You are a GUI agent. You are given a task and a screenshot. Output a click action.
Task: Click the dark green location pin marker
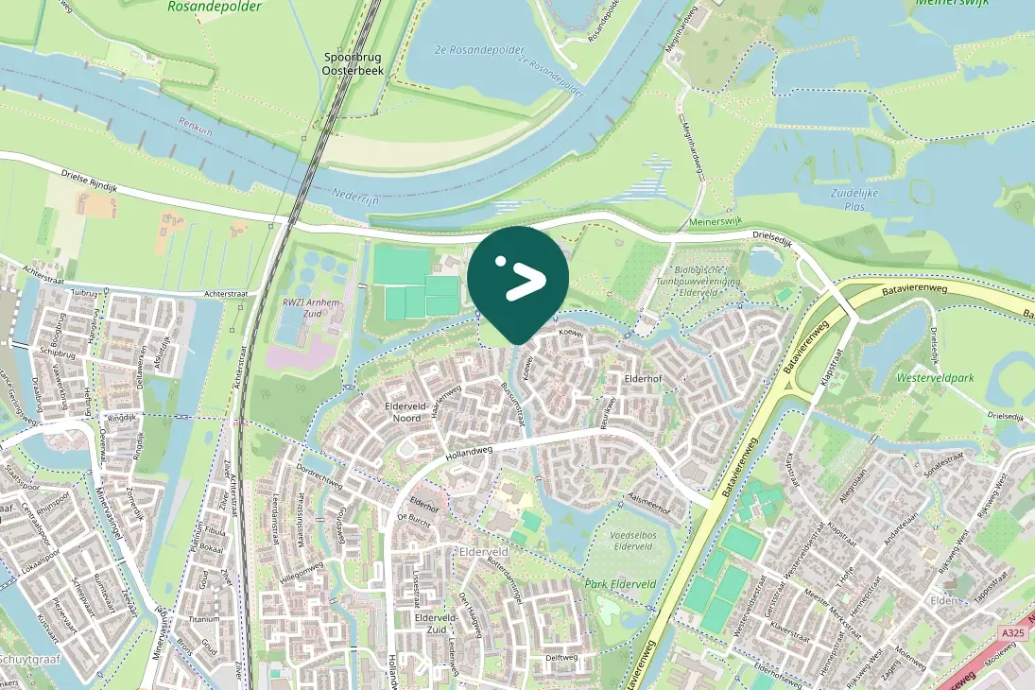pyautogui.click(x=518, y=280)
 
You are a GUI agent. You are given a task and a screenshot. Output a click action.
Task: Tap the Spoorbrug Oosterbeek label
pyautogui.click(x=352, y=63)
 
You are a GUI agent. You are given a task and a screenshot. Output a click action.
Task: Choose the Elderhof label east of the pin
pyautogui.click(x=647, y=379)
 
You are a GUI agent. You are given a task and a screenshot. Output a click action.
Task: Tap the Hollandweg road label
pyautogui.click(x=469, y=454)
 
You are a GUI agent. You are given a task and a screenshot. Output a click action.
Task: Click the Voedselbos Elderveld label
pyautogui.click(x=633, y=540)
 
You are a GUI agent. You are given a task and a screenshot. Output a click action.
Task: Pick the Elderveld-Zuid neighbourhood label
pyautogui.click(x=436, y=624)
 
